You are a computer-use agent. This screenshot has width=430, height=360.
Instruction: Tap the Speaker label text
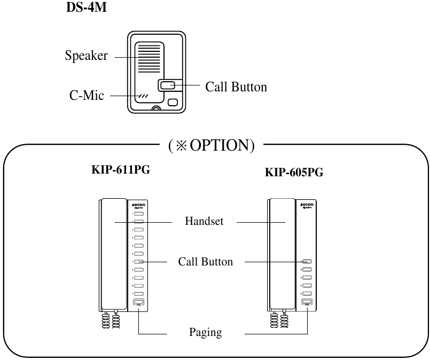[x=87, y=56]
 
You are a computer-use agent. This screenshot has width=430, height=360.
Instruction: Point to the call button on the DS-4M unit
[x=167, y=85]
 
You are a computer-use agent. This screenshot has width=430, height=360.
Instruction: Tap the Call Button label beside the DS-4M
[x=236, y=87]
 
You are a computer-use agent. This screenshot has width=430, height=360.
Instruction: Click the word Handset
[x=204, y=222]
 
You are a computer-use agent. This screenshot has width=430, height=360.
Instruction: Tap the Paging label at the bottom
[x=205, y=333]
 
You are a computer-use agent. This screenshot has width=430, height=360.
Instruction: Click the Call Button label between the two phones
[x=205, y=262]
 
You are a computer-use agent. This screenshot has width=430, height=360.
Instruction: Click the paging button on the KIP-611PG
[x=138, y=302]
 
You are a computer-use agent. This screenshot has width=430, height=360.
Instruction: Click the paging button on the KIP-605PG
[x=307, y=302]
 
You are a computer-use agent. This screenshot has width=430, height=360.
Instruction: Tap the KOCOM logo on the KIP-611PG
[x=138, y=204]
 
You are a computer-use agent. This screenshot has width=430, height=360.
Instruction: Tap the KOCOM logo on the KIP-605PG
[x=307, y=204]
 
